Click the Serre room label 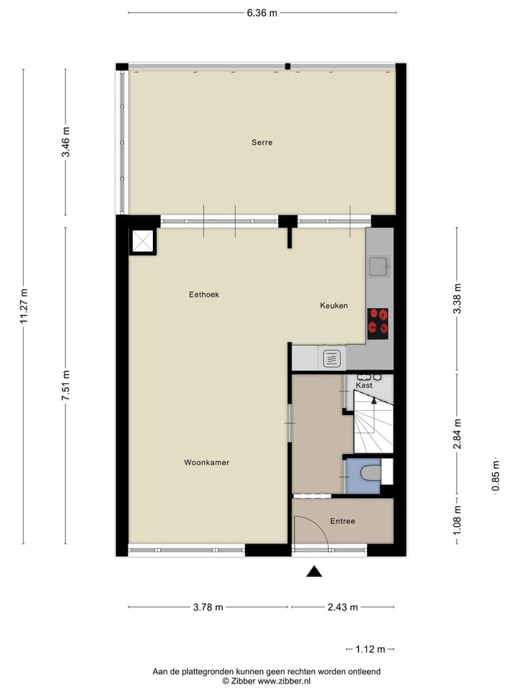pos(262,143)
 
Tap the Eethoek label pos(204,295)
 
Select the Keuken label pos(334,305)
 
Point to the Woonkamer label pos(206,463)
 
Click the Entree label pos(342,521)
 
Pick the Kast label pos(365,385)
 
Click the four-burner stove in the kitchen pos(378,323)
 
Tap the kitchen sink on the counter pos(378,268)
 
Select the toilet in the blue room pos(370,474)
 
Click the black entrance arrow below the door pos(314,572)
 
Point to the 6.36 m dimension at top pos(262,12)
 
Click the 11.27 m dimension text pos(24,308)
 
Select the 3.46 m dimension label pos(66,142)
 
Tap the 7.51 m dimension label pos(66,385)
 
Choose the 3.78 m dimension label pos(208,607)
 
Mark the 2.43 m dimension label pos(342,607)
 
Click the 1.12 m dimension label pos(370,649)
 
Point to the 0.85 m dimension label pos(496,477)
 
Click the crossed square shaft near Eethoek pos(142,241)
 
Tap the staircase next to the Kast pos(373,426)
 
